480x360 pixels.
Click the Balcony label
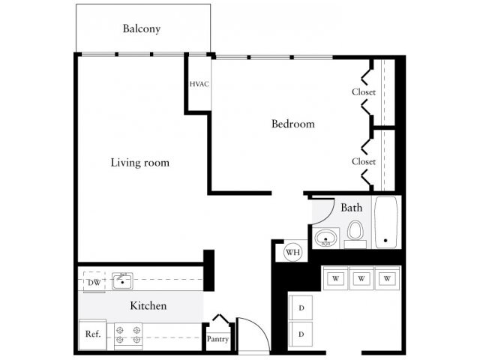[x=142, y=29]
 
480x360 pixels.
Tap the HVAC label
[x=199, y=84]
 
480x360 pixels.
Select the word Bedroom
[x=292, y=124]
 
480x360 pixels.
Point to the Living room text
[x=139, y=162]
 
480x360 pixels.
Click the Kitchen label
[x=148, y=306]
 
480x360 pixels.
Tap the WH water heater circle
[x=292, y=252]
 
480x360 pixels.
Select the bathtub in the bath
[x=387, y=223]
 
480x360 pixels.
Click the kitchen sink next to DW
[x=122, y=282]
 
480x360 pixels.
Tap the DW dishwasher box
[x=94, y=282]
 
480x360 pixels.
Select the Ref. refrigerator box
[x=92, y=334]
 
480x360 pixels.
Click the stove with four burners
[x=128, y=334]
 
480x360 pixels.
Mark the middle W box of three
[x=361, y=278]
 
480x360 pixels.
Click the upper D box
[x=301, y=308]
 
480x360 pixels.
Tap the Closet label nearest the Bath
[x=364, y=161]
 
